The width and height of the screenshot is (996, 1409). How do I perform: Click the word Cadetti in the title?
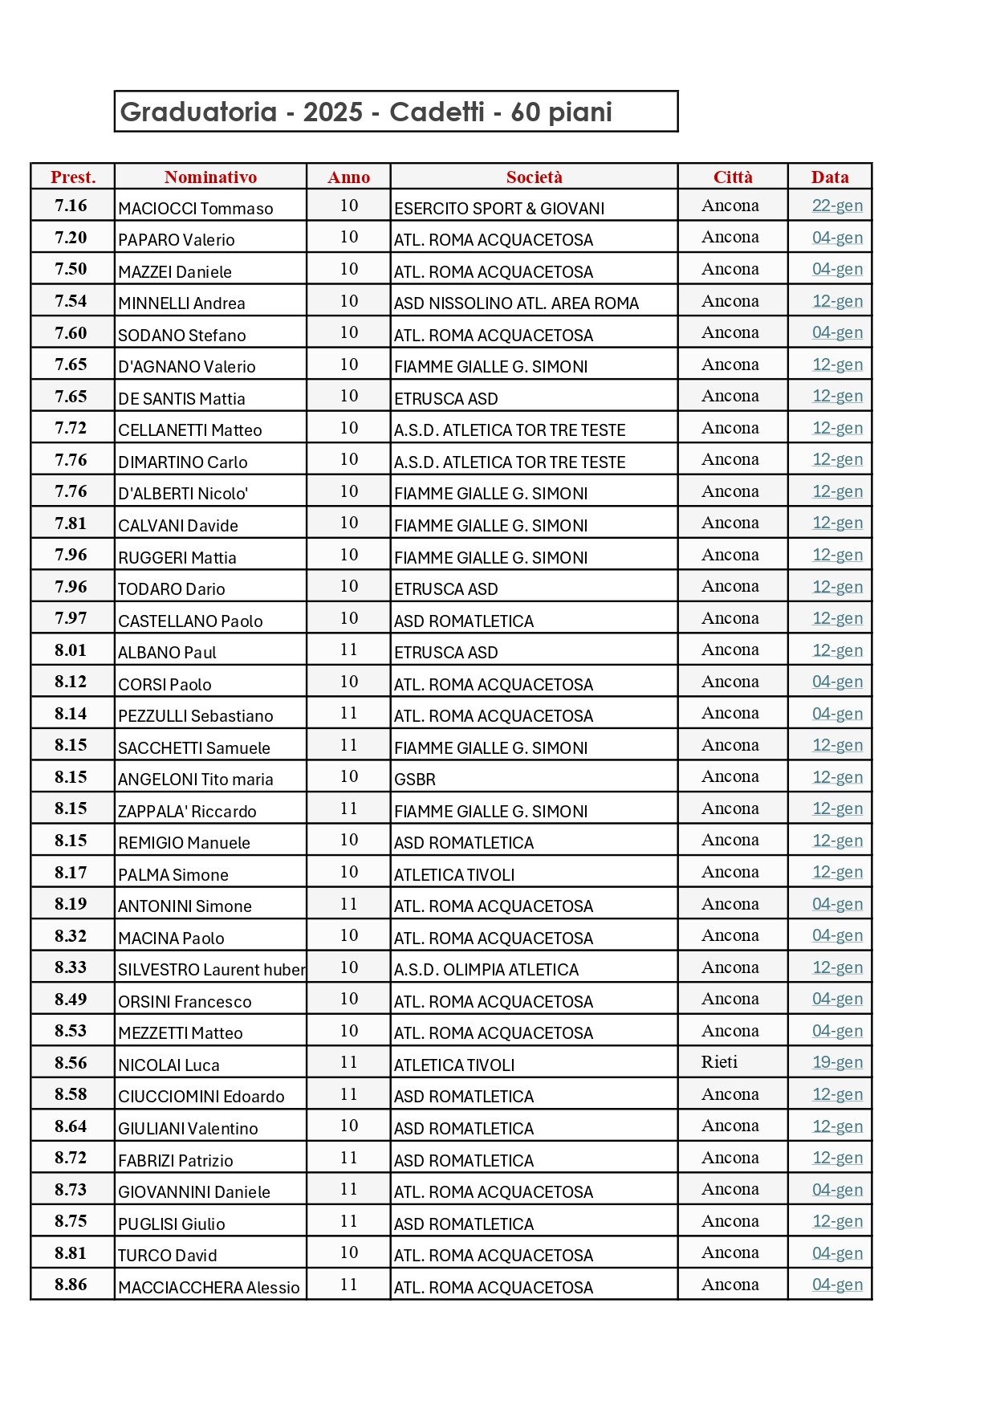[437, 112]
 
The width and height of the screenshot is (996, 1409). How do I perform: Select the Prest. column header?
[73, 177]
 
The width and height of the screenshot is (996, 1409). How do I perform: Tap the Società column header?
[534, 177]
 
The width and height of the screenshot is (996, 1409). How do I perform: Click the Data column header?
[829, 177]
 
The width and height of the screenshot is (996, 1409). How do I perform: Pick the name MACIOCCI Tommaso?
[195, 209]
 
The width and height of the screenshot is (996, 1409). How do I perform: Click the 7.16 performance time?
[71, 206]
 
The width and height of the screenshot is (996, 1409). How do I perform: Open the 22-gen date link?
[837, 206]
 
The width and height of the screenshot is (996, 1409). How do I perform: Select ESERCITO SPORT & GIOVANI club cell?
[498, 209]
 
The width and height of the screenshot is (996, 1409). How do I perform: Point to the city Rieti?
[719, 1062]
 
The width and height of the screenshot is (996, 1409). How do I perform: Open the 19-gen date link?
[837, 1062]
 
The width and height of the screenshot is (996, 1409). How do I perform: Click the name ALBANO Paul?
[167, 653]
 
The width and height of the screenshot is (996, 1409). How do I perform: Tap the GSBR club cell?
[415, 780]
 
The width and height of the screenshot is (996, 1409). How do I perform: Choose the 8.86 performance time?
[71, 1285]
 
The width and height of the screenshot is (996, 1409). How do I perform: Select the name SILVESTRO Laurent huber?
[211, 970]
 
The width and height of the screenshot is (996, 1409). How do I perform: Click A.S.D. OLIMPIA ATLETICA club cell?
[486, 970]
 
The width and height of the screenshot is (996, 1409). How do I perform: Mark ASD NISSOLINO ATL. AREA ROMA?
[516, 303]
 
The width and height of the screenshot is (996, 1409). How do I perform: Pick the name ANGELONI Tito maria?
[195, 780]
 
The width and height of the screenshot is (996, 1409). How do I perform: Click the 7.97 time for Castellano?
[71, 618]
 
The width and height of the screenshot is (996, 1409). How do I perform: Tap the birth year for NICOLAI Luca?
[348, 1062]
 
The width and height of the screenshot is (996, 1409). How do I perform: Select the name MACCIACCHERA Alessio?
[209, 1288]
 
